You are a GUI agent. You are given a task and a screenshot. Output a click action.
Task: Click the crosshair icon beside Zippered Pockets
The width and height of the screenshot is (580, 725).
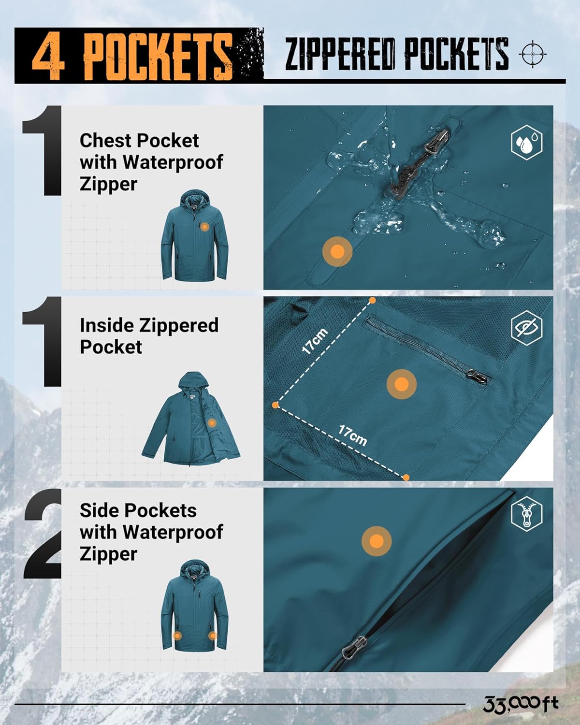533,54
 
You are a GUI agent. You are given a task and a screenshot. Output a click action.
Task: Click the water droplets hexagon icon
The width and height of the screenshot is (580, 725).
526,142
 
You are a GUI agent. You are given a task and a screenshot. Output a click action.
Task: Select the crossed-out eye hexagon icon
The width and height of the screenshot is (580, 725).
526,328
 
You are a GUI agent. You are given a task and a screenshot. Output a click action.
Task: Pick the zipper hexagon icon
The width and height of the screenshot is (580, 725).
526,513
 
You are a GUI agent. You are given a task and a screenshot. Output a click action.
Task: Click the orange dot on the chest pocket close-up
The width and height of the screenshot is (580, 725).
337,252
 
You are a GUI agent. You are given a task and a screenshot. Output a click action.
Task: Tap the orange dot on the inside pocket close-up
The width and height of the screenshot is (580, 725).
401,384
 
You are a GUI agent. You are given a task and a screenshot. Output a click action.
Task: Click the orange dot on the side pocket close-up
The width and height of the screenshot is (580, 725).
377,541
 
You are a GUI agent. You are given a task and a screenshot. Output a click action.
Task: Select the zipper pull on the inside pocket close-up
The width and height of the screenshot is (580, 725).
477,376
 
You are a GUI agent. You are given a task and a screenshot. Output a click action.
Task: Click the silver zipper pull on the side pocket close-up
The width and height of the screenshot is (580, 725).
354,646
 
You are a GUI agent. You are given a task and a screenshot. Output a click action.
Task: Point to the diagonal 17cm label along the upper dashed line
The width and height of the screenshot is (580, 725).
315,341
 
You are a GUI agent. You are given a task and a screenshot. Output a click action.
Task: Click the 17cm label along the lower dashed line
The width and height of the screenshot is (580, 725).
352,435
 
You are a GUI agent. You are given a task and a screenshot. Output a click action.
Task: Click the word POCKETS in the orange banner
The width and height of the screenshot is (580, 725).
158,56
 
